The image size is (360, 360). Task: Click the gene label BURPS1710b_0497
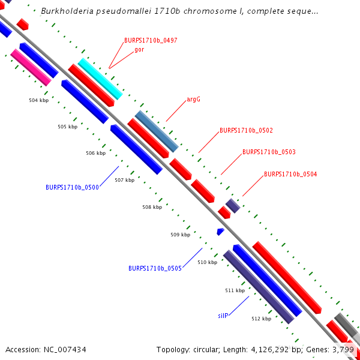(x=151, y=40)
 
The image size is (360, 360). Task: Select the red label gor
(x=139, y=49)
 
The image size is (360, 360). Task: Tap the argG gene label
(x=193, y=100)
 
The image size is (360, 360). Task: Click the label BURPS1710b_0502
(x=246, y=130)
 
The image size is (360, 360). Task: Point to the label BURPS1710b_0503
(x=269, y=152)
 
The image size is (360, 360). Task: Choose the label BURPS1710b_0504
(x=290, y=175)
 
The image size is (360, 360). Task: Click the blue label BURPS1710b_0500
(x=72, y=187)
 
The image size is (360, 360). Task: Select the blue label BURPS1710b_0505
(x=155, y=268)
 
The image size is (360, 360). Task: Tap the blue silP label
(x=223, y=315)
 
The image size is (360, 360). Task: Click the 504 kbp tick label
(x=38, y=100)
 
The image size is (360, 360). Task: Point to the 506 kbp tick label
(x=95, y=153)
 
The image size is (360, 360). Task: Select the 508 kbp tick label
(x=152, y=207)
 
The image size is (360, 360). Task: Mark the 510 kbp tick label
(x=207, y=262)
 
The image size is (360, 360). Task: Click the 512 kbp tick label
(x=261, y=319)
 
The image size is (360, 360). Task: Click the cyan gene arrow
(x=100, y=79)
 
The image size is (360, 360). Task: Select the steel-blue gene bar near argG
(x=157, y=131)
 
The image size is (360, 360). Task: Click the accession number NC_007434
(x=46, y=349)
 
